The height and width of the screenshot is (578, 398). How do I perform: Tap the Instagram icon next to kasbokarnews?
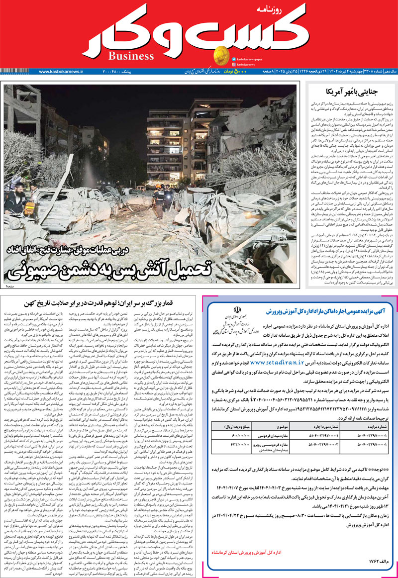click(233, 64)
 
